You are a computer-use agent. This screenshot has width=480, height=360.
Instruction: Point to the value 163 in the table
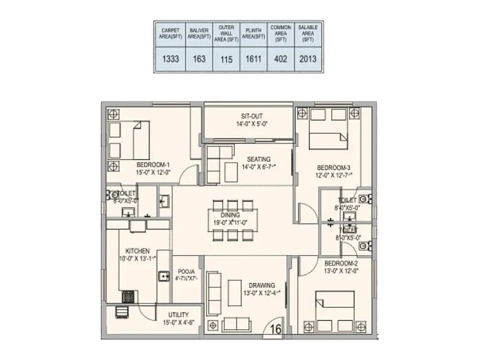pyautogui.click(x=199, y=59)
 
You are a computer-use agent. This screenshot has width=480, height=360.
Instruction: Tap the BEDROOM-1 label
pyautogui.click(x=153, y=165)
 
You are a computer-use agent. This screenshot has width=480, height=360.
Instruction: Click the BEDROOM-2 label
pyautogui.click(x=343, y=263)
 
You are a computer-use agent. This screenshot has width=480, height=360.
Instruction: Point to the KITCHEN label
pyautogui.click(x=137, y=251)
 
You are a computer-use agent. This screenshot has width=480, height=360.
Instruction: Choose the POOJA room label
pyautogui.click(x=185, y=271)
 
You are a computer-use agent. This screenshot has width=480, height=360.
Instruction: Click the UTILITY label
pyautogui.click(x=179, y=315)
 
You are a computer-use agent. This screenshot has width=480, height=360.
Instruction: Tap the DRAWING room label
pyautogui.click(x=259, y=285)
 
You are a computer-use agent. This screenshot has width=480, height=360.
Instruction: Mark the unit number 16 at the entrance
pyautogui.click(x=275, y=328)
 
